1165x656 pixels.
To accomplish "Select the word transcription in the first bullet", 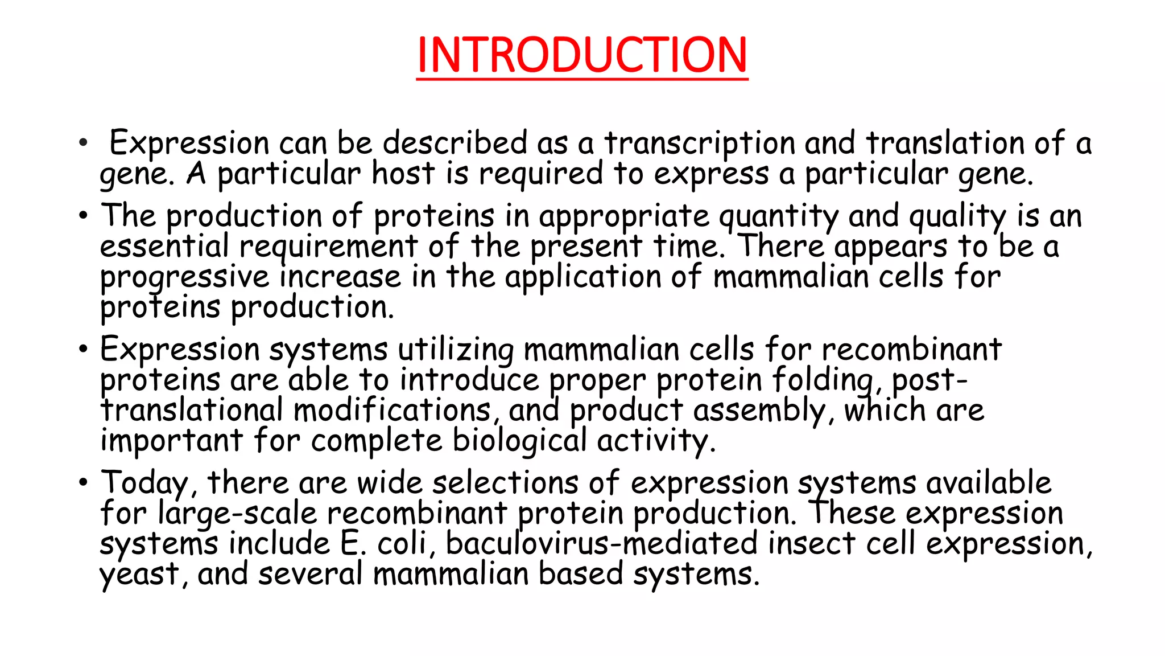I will coord(699,143).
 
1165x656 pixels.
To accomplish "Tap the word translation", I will coord(945,143).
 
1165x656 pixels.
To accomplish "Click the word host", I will coord(403,173).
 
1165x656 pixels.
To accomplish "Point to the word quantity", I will coord(778,217).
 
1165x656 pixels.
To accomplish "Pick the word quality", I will coord(957,217).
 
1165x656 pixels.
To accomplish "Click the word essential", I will coord(164,247).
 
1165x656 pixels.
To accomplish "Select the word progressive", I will coord(184,278).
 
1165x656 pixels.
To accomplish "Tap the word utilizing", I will coord(455,350).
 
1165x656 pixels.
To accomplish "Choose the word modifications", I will coord(393,411).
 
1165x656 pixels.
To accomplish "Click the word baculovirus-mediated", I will coord(601,543).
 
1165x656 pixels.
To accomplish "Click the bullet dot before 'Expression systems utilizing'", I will coord(84,349).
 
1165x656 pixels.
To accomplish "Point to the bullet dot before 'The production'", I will coord(84,216).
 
